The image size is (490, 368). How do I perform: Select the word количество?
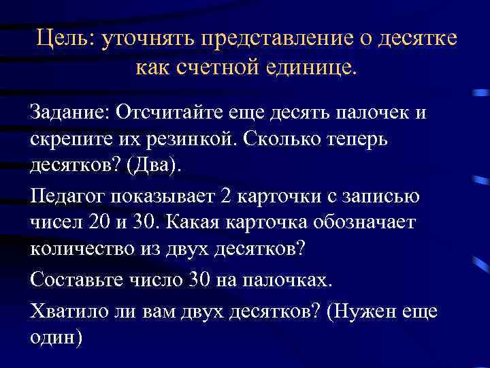[x=80, y=250]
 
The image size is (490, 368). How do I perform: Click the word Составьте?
[x=74, y=281]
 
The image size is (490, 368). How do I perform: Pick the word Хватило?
[x=67, y=310]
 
